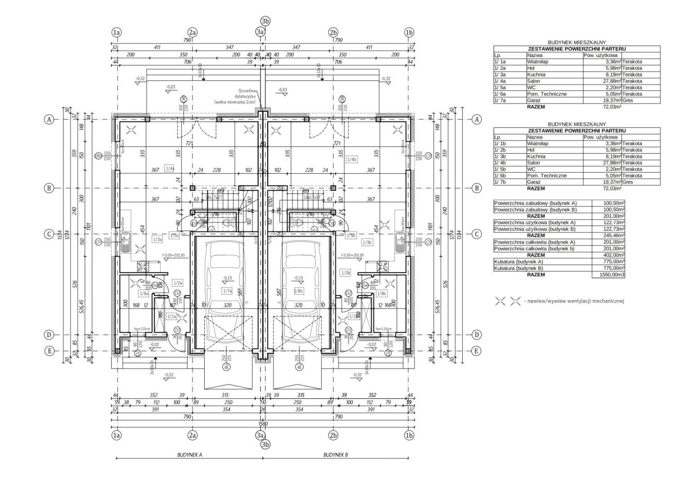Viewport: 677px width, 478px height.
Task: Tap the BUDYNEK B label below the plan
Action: click(336, 454)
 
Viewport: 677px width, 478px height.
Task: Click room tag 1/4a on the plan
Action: click(170, 168)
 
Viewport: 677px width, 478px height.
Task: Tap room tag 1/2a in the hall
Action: click(178, 283)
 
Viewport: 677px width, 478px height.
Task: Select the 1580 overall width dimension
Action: click(263, 423)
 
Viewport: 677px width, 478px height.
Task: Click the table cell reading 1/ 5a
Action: click(500, 87)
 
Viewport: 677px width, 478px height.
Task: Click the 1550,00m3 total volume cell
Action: click(608, 275)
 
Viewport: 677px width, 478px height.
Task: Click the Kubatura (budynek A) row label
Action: click(520, 261)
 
